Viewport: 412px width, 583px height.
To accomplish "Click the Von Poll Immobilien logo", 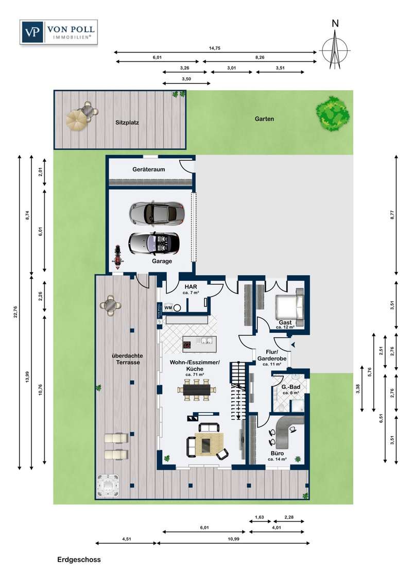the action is tap(59, 32).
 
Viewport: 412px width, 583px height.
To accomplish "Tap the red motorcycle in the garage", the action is tap(118, 256).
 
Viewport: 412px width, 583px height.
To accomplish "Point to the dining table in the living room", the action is tap(196, 390).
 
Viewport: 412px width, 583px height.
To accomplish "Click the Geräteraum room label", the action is tap(149, 169).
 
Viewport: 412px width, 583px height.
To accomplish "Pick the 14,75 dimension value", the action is tap(215, 48).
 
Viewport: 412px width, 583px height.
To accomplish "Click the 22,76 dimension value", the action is tap(15, 312).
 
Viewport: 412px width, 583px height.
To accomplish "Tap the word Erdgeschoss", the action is tap(79, 560).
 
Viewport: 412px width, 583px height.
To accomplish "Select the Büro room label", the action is tap(278, 453).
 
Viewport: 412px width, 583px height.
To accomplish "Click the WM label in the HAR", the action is tap(168, 307).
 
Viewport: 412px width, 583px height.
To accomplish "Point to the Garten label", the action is tap(264, 119).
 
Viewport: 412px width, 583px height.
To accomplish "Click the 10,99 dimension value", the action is tap(233, 539).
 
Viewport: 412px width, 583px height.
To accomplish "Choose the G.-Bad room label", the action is tap(291, 387).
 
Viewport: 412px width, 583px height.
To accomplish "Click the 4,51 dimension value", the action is tap(127, 539).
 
